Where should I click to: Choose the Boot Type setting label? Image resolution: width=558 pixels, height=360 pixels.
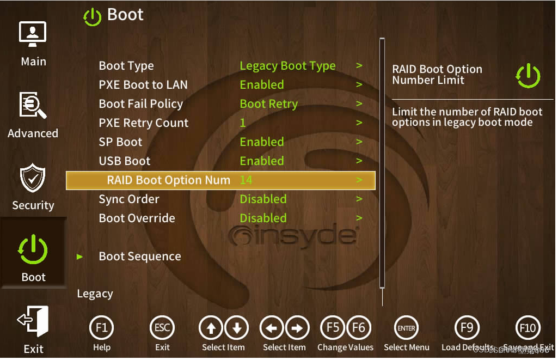point(126,66)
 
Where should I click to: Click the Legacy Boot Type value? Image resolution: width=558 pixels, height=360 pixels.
point(287,66)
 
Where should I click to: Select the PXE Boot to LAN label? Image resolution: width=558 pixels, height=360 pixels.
point(143,85)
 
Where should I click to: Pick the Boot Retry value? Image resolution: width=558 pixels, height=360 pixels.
point(268,104)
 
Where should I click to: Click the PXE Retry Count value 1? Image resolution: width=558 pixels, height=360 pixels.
point(243,123)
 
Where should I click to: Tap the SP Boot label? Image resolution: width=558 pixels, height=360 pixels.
point(120,142)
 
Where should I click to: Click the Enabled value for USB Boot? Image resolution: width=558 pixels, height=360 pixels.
point(262,161)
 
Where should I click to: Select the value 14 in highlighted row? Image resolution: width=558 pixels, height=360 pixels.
point(246,180)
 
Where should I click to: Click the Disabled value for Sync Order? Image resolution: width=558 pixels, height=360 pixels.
point(263,199)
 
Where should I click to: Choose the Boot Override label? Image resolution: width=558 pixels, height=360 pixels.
point(137,218)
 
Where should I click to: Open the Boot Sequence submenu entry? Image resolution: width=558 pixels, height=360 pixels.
point(140,257)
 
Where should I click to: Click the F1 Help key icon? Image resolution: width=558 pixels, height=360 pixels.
point(101,328)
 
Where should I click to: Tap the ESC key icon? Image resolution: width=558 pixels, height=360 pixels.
point(162,328)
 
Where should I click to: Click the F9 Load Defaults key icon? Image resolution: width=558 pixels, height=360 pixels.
point(467,328)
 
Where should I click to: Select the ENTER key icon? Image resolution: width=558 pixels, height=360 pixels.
point(406,328)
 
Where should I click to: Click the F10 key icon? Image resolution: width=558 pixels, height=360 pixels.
point(528,328)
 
